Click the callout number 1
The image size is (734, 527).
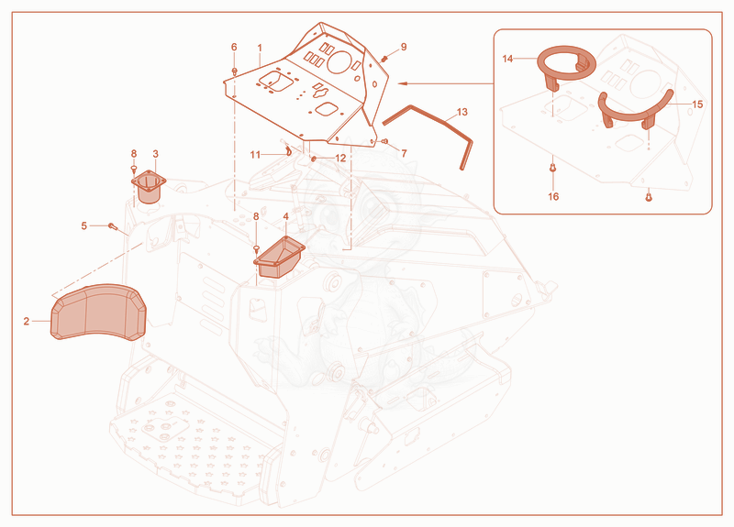pyautogui.click(x=260, y=48)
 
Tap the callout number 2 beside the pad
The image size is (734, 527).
pyautogui.click(x=27, y=321)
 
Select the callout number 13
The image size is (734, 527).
pyautogui.click(x=462, y=112)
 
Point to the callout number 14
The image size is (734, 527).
pyautogui.click(x=507, y=59)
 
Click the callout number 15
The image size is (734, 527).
pyautogui.click(x=697, y=104)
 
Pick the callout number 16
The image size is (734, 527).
pyautogui.click(x=553, y=196)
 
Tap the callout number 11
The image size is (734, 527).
pyautogui.click(x=255, y=155)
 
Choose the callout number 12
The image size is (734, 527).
pyautogui.click(x=340, y=158)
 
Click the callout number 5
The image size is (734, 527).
pyautogui.click(x=84, y=225)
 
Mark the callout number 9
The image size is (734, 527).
pyautogui.click(x=404, y=47)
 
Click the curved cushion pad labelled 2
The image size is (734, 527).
pyautogui.click(x=98, y=312)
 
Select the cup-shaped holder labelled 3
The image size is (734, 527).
pyautogui.click(x=149, y=187)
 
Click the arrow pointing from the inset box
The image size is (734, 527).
pyautogui.click(x=446, y=83)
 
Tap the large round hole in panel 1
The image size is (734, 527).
pyautogui.click(x=339, y=61)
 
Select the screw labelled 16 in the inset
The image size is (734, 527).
pyautogui.click(x=553, y=167)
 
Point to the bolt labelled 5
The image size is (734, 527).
pyautogui.click(x=112, y=225)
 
